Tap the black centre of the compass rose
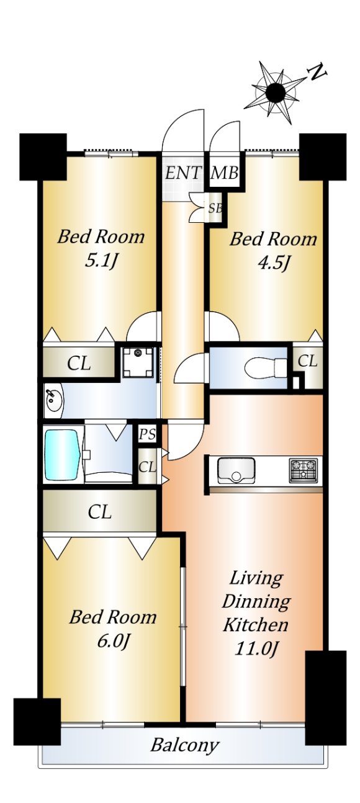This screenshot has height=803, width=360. (276, 92)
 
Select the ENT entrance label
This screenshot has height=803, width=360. (183, 174)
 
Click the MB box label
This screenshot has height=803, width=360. (225, 174)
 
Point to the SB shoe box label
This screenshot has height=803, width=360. (215, 208)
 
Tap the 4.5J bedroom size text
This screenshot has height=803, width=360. (274, 264)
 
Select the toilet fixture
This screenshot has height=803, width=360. (266, 367)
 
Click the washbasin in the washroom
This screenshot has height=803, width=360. (54, 401)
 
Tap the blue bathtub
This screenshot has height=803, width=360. (62, 455)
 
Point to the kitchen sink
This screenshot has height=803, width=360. (236, 470)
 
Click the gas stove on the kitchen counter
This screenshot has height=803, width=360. (304, 470)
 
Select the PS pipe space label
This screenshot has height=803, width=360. (147, 434)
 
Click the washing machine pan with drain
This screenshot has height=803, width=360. (137, 362)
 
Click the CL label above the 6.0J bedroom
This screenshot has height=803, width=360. (100, 512)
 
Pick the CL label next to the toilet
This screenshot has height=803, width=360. (308, 361)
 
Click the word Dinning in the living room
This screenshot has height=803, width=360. (256, 601)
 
